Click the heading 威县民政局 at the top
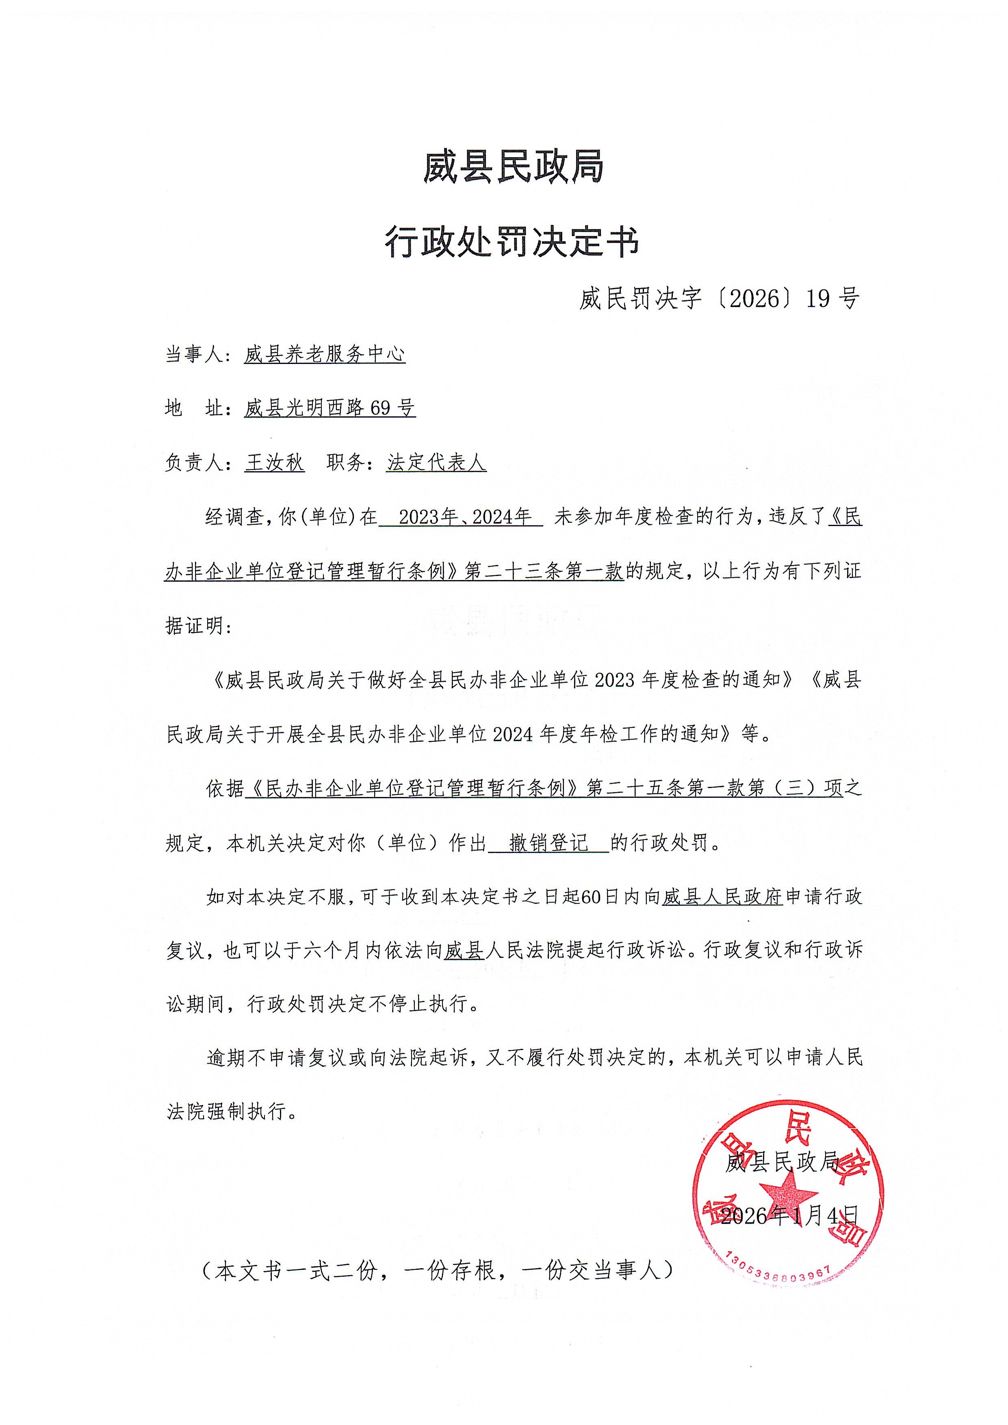pyautogui.click(x=513, y=168)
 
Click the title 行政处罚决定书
pyautogui.click(x=512, y=242)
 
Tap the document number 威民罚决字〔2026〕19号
pyautogui.click(x=720, y=299)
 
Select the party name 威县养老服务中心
pyautogui.click(x=325, y=354)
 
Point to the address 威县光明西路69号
pyautogui.click(x=329, y=408)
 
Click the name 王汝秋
pyautogui.click(x=274, y=462)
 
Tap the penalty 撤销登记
pyautogui.click(x=548, y=843)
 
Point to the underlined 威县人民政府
pyautogui.click(x=722, y=897)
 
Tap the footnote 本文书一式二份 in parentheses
pyautogui.click(x=438, y=1271)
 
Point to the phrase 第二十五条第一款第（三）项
pyautogui.click(x=714, y=788)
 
